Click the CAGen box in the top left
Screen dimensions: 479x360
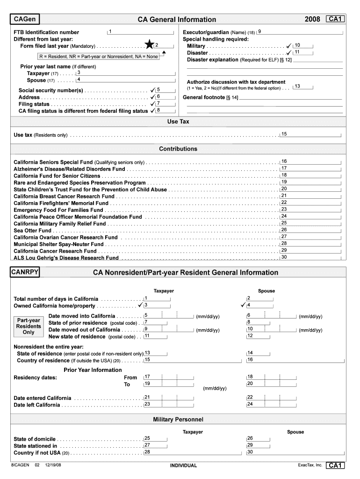click(26, 19)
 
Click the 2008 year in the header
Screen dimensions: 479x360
click(312, 19)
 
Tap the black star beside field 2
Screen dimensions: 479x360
click(149, 45)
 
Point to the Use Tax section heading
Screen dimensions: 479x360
click(178, 122)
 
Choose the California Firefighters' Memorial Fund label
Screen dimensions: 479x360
click(61, 203)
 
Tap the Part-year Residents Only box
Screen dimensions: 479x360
click(29, 326)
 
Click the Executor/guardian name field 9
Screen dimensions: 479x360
click(299, 31)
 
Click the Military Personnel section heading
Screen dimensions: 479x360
click(178, 419)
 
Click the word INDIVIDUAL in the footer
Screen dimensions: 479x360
click(183, 465)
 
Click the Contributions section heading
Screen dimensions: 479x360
click(178, 149)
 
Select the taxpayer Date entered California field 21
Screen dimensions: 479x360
click(157, 398)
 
